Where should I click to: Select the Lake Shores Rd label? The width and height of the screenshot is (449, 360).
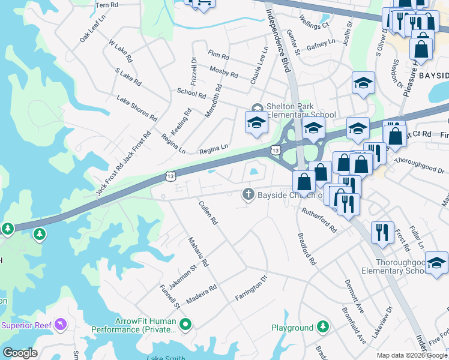click(x=137, y=109)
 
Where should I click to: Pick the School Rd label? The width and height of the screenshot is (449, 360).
click(x=191, y=94)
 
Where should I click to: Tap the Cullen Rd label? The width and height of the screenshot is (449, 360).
click(x=208, y=213)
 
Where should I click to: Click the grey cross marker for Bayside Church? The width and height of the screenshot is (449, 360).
click(x=247, y=194)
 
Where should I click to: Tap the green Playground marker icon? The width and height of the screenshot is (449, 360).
click(x=324, y=328)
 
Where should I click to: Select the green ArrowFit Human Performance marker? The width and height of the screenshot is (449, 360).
click(x=185, y=325)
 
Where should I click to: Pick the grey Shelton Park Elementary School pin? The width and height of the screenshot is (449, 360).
click(x=257, y=109)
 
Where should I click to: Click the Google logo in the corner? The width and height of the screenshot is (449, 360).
click(x=20, y=353)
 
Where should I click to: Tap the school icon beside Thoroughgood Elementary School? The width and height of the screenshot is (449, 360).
click(x=437, y=264)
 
